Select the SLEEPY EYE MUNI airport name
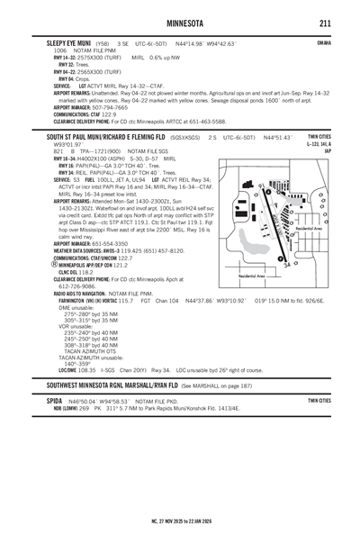coord(67,43)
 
